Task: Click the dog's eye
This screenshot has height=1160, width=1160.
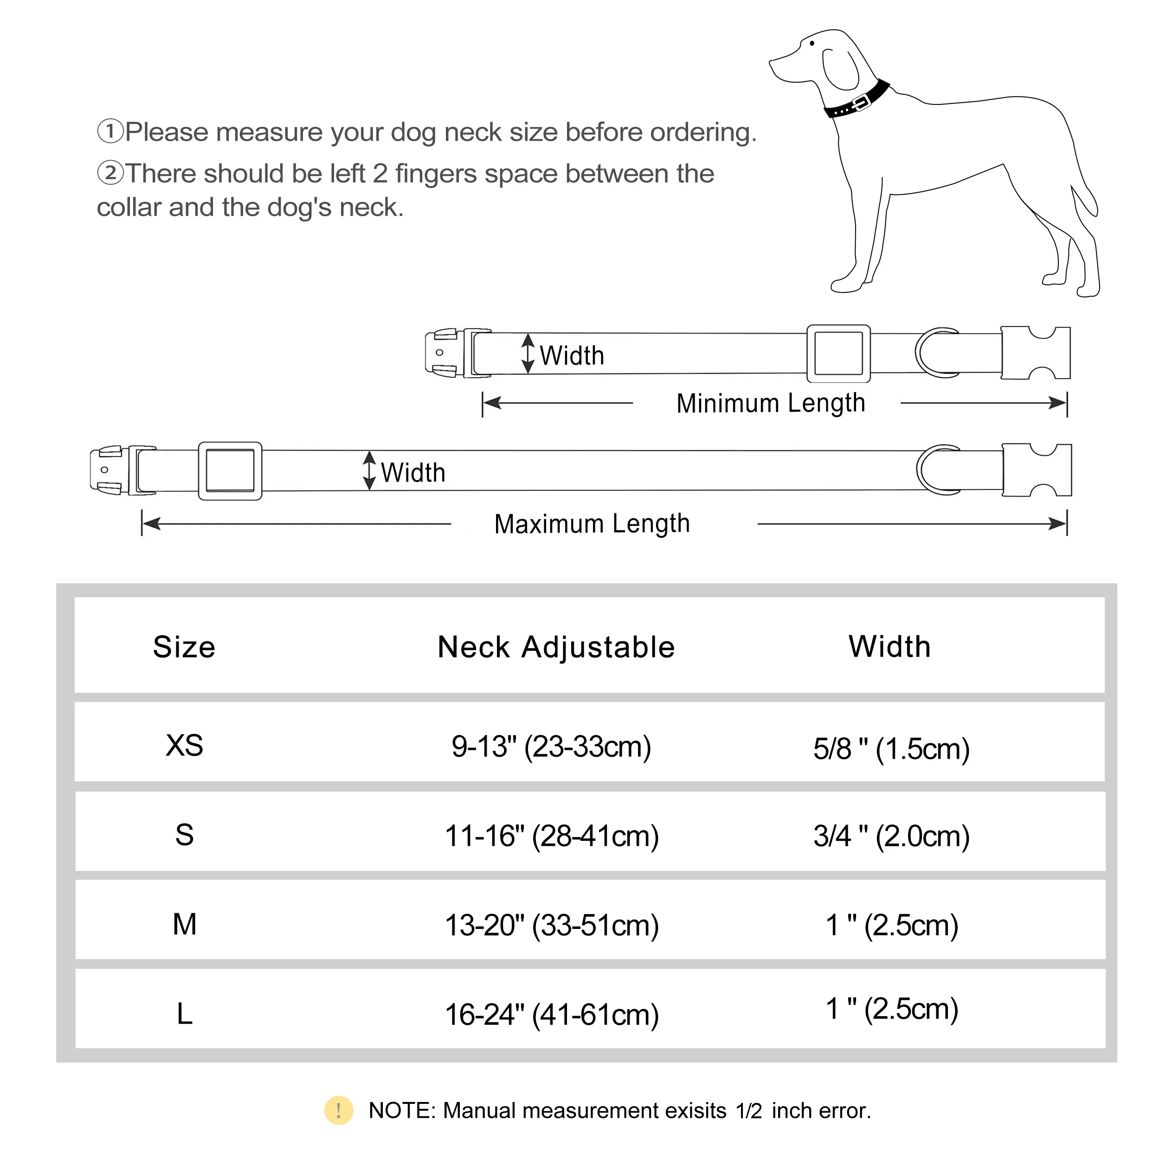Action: (x=812, y=43)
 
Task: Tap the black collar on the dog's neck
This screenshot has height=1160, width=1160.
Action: (x=857, y=102)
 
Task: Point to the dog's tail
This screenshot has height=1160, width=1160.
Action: (x=1086, y=201)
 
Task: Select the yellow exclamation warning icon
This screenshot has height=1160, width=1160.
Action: (x=339, y=1110)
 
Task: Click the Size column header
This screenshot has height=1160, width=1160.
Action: (x=184, y=647)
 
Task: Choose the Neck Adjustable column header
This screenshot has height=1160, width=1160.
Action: (x=556, y=647)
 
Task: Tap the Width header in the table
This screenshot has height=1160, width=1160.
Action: (x=889, y=647)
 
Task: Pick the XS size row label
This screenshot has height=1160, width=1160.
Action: (x=184, y=746)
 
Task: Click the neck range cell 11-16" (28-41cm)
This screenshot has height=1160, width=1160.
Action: (x=552, y=836)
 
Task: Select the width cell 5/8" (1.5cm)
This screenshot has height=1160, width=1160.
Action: (x=891, y=748)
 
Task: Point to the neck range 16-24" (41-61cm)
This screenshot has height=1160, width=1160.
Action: (x=552, y=1015)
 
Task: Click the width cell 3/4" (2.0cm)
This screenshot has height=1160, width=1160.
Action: (x=891, y=836)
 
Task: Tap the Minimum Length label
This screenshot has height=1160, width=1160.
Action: (x=770, y=403)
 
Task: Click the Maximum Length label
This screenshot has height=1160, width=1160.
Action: (x=592, y=523)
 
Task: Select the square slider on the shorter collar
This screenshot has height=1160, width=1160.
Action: (x=838, y=354)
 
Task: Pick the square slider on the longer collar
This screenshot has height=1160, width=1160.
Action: (x=230, y=470)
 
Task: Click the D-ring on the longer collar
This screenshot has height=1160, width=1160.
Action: (x=937, y=470)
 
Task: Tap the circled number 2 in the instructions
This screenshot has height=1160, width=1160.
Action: (x=110, y=173)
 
